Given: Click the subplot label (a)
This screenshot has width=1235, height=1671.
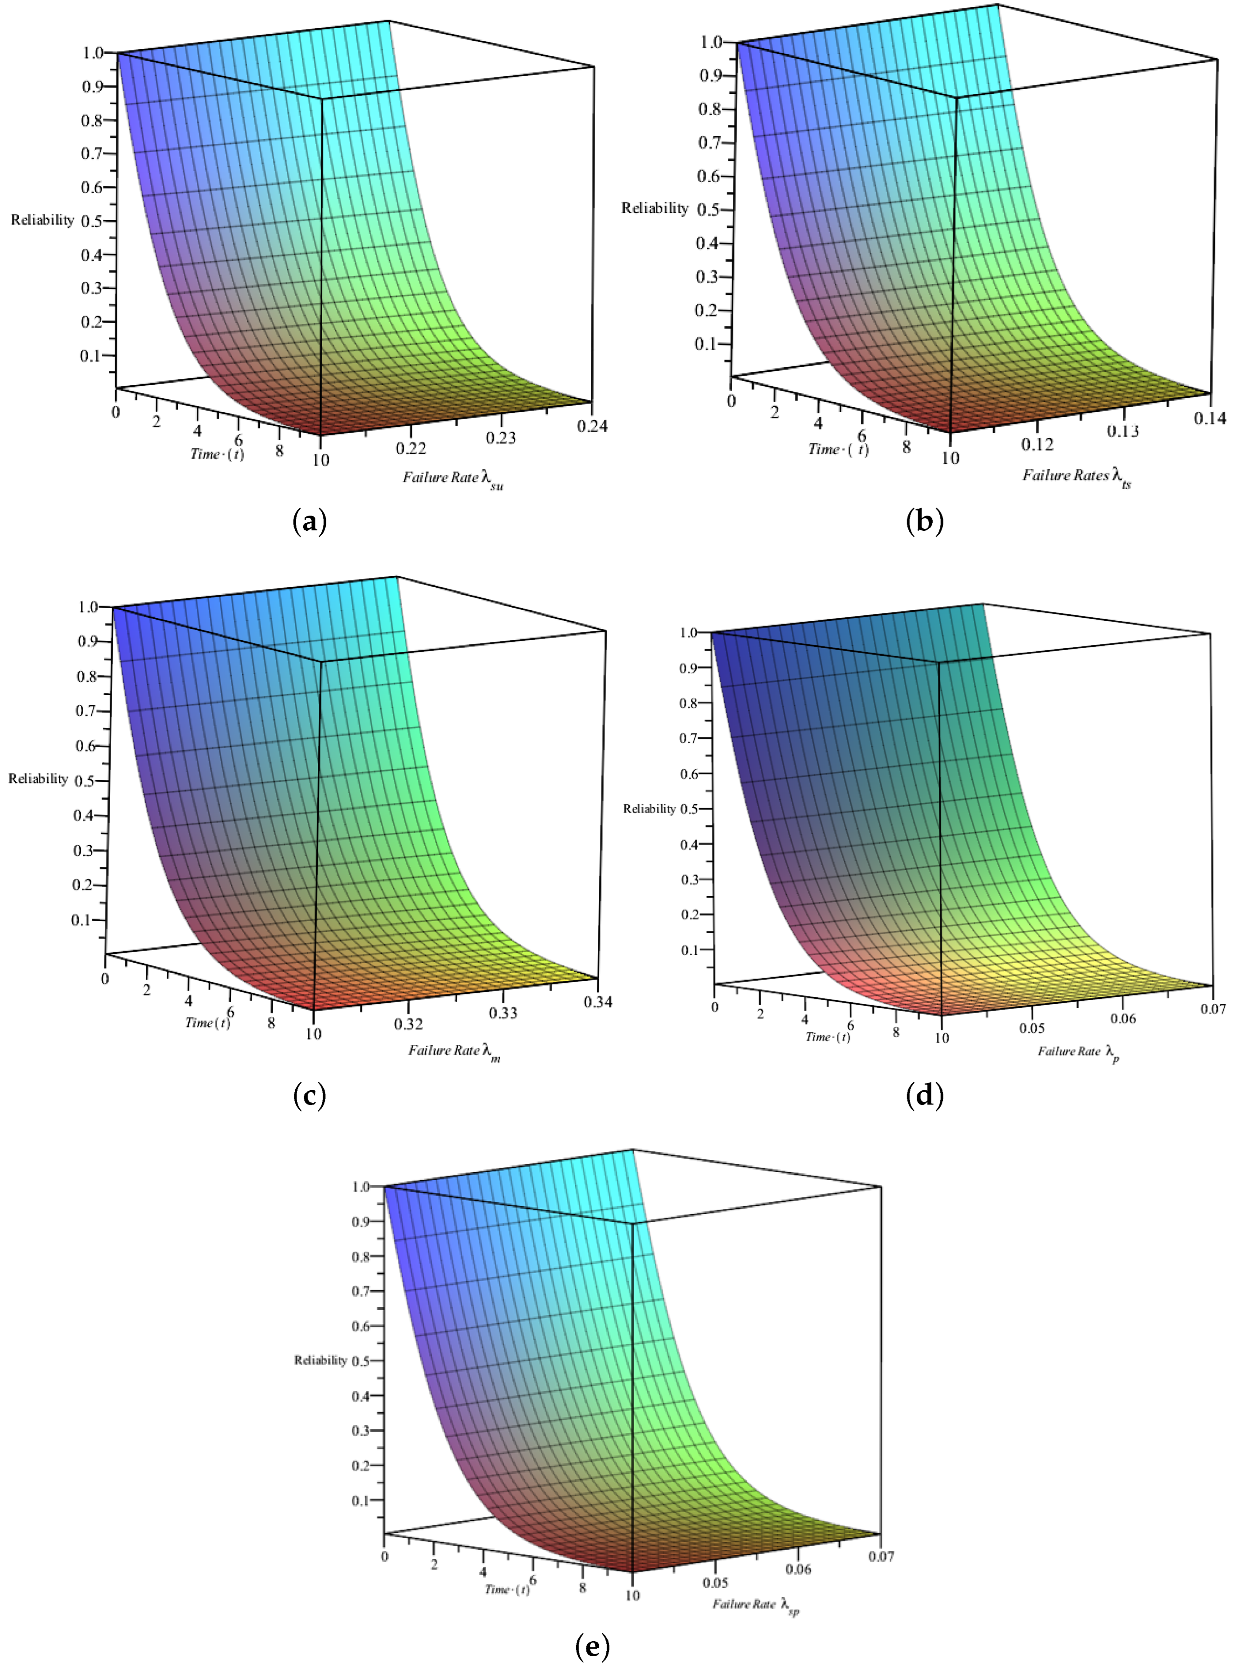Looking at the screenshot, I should pyautogui.click(x=309, y=521).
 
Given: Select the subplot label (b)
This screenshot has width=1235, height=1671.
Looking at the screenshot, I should pyautogui.click(x=925, y=521).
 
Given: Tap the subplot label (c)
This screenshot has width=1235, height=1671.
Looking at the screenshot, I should pyautogui.click(x=309, y=1096).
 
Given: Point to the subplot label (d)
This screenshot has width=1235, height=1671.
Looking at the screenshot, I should pyautogui.click(x=925, y=1096).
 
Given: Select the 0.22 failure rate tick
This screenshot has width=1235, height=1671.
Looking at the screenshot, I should pyautogui.click(x=410, y=448).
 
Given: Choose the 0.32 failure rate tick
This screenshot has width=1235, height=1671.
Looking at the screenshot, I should pyautogui.click(x=408, y=1024).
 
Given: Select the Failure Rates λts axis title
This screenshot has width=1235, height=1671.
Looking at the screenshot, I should pyautogui.click(x=1076, y=476).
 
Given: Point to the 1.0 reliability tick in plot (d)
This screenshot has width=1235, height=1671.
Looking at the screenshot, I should pyautogui.click(x=688, y=633).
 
